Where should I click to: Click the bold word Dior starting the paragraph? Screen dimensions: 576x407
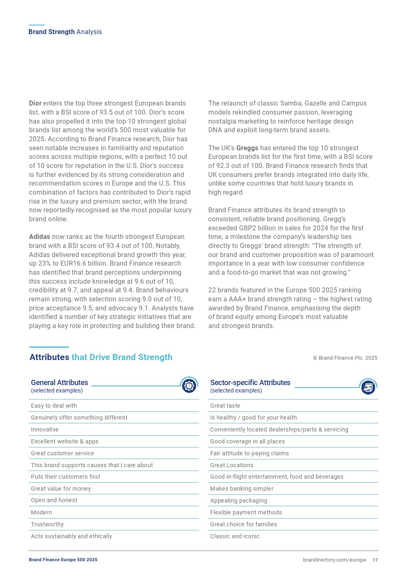[x=35, y=103]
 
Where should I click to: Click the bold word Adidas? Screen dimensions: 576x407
[x=39, y=237]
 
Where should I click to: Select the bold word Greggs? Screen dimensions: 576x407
[x=247, y=148]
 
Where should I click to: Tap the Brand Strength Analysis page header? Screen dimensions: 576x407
[x=65, y=32]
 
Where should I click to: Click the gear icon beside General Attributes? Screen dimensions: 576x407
[x=189, y=386]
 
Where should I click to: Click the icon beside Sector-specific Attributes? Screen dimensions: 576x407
[x=368, y=387]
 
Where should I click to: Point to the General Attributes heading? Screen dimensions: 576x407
[x=59, y=383]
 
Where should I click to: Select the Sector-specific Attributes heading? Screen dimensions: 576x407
[x=250, y=383]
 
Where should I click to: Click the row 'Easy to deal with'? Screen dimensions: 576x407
[x=54, y=406]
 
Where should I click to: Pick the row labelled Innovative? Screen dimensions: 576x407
[x=45, y=429]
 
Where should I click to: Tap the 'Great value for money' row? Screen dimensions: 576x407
[x=61, y=489]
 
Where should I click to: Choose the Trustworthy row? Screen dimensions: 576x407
[x=47, y=524]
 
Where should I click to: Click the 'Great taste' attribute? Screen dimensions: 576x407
[x=225, y=406]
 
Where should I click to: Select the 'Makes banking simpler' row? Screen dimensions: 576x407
[x=242, y=489]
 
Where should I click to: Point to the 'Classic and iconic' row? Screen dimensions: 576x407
[x=235, y=536]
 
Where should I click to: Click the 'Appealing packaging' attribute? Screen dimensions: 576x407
[x=238, y=500]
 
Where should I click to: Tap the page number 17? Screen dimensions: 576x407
[x=375, y=560]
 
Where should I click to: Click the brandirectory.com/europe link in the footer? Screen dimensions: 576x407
[x=334, y=560]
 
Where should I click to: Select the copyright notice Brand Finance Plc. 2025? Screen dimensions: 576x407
[x=345, y=358]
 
